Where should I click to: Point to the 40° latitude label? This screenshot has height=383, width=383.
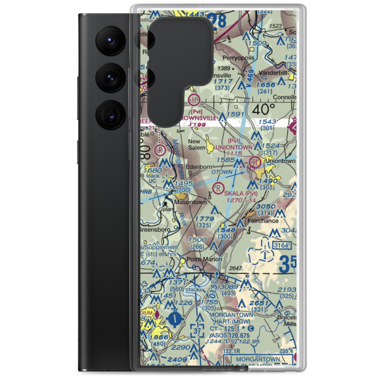264,110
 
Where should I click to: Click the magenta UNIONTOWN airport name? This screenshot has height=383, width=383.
234,147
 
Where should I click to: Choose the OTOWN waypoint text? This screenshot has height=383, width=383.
222,172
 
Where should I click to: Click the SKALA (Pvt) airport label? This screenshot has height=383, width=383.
241,193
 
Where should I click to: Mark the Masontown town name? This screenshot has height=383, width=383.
190,202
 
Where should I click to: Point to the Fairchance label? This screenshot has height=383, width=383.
263,221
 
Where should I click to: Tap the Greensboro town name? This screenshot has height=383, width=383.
155,230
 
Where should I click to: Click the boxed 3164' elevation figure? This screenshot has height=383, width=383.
285,245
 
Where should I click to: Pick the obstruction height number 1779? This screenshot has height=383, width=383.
204,219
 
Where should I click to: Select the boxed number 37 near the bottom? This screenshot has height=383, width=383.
197,331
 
